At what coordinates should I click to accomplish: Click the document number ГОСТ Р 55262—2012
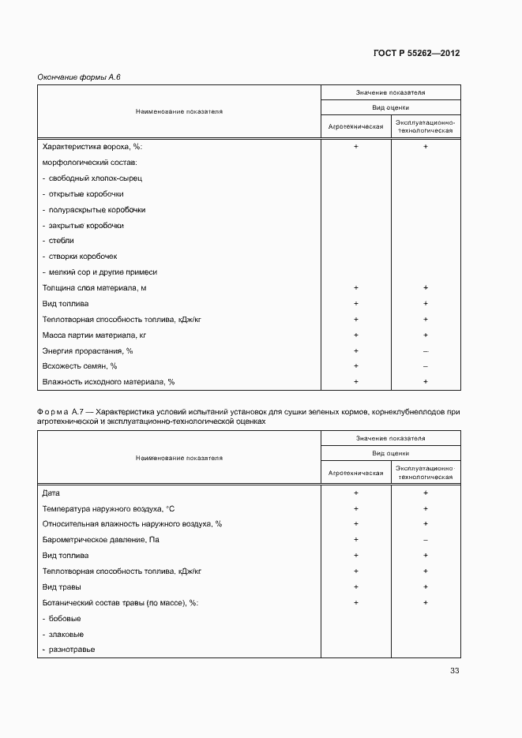click(x=416, y=54)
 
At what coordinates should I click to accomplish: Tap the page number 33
click(x=454, y=671)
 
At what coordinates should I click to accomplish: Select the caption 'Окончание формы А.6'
click(x=79, y=77)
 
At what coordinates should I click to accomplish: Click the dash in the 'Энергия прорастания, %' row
click(x=426, y=351)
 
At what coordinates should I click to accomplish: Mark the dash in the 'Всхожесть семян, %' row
click(x=426, y=366)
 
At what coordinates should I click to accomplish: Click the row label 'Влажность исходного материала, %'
click(x=108, y=382)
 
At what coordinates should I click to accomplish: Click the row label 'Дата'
click(x=51, y=493)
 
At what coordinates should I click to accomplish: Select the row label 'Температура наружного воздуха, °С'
click(x=108, y=509)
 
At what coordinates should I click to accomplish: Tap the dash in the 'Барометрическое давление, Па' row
click(x=426, y=540)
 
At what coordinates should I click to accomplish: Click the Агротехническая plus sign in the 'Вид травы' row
click(x=356, y=587)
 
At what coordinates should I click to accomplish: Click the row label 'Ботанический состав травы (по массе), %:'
click(x=120, y=603)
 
